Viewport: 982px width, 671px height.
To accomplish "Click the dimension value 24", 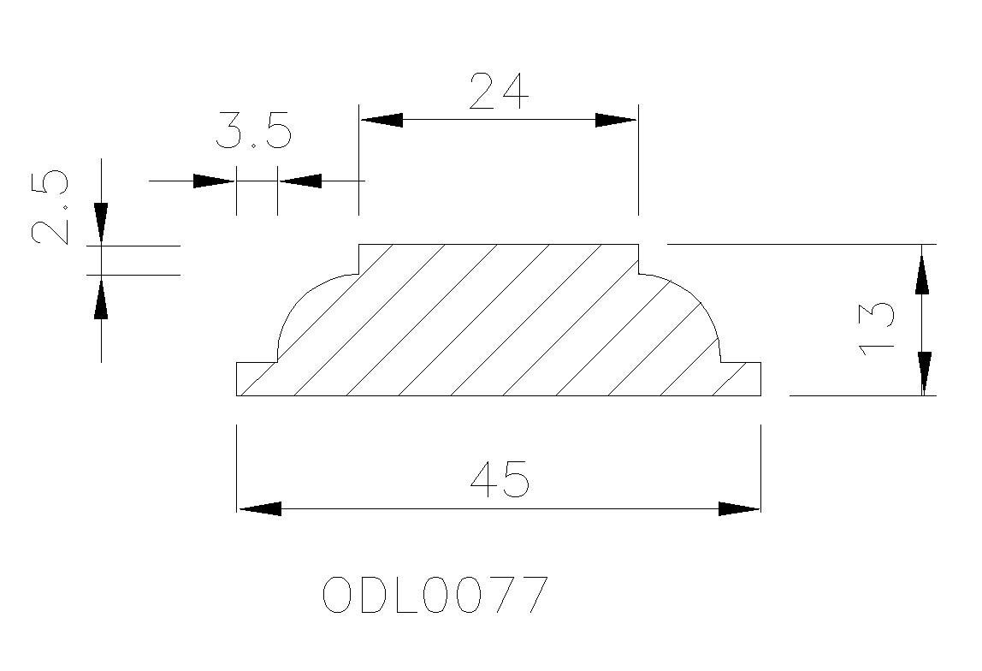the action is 500,92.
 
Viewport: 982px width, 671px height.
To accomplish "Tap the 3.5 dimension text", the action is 254,132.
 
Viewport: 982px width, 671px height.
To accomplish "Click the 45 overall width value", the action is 500,479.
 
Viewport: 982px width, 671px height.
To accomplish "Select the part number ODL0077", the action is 435,595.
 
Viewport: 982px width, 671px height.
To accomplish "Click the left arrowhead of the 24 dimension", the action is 382,120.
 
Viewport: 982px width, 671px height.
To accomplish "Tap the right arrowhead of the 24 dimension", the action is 616,120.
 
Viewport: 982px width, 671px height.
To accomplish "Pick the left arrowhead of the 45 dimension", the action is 259,508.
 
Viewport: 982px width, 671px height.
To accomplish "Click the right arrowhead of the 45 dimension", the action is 739,508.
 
